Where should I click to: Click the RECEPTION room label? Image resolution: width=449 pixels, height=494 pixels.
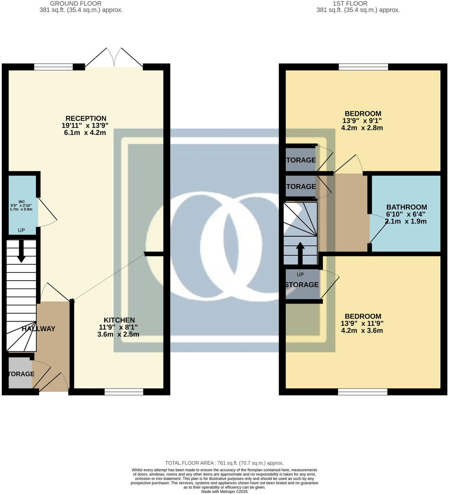pyautogui.click(x=86, y=119)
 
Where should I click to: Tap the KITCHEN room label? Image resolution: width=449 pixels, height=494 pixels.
pyautogui.click(x=119, y=320)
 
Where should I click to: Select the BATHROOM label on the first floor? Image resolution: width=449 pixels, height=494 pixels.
pyautogui.click(x=406, y=207)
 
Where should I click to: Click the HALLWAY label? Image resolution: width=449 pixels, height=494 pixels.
pyautogui.click(x=38, y=329)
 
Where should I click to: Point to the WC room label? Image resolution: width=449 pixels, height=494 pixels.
pyautogui.click(x=21, y=202)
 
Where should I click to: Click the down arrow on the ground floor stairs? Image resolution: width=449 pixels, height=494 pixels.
pyautogui.click(x=21, y=251)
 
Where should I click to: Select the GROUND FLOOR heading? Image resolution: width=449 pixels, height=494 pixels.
pyautogui.click(x=76, y=3)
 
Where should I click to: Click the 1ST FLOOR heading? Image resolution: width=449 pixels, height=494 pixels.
pyautogui.click(x=350, y=3)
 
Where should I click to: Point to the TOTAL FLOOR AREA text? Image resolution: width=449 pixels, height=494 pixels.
pyautogui.click(x=224, y=463)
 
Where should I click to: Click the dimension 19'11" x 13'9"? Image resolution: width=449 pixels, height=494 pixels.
pyautogui.click(x=85, y=126)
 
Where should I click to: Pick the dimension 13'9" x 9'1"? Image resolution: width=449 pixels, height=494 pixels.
pyautogui.click(x=362, y=121)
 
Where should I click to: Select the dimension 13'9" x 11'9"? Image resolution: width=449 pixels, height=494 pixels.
pyautogui.click(x=362, y=323)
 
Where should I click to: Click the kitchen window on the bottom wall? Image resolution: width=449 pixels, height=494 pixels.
pyautogui.click(x=124, y=392)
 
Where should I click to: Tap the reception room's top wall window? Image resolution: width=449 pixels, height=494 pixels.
pyautogui.click(x=53, y=67)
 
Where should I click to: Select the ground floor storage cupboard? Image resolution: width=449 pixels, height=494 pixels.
pyautogui.click(x=20, y=374)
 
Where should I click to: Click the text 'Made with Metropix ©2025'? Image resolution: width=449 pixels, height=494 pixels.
pyautogui.click(x=224, y=492)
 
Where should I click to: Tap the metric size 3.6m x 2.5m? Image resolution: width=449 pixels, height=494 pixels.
pyautogui.click(x=118, y=334)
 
